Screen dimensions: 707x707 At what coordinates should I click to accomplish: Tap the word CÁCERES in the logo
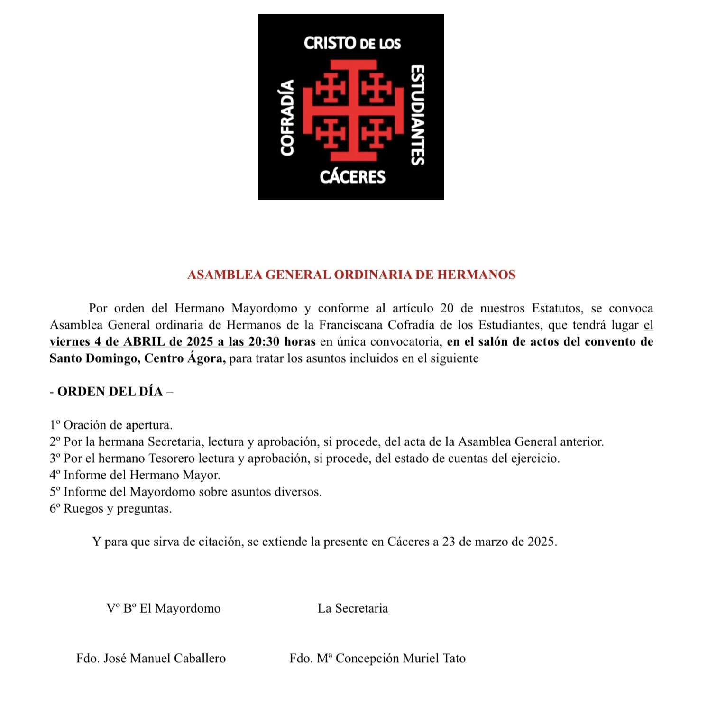[352, 177]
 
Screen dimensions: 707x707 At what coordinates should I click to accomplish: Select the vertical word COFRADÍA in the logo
[287, 118]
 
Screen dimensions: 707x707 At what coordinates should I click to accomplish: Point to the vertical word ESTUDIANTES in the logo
[417, 115]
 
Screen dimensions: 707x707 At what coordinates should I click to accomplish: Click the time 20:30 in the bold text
[264, 342]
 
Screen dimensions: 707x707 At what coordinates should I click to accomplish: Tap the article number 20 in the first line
[447, 309]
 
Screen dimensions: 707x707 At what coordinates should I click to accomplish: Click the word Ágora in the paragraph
[206, 358]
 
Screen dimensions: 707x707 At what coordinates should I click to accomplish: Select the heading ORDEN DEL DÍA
[110, 392]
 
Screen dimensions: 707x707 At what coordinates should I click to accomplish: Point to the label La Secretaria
[352, 608]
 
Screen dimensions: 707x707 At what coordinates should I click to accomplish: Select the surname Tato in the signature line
[454, 659]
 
